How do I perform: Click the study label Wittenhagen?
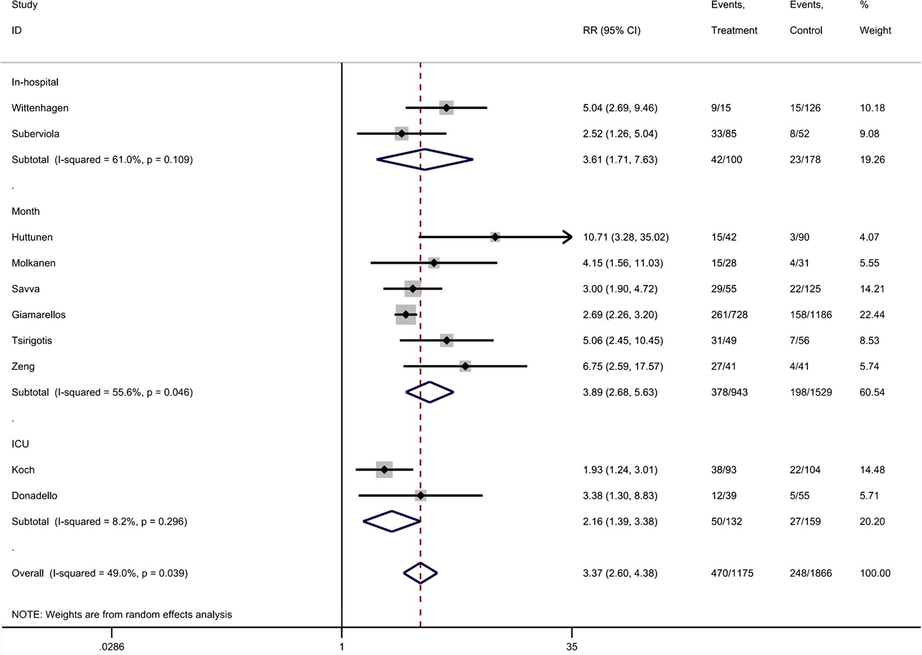point(40,108)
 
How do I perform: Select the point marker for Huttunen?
point(495,237)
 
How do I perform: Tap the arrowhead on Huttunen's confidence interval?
point(568,237)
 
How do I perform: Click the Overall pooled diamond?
point(420,573)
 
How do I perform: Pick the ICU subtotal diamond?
point(392,521)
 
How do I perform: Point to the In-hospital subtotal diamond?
point(424,159)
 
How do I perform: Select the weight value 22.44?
point(872,315)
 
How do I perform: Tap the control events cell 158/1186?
point(810,315)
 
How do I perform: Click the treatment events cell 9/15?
point(721,108)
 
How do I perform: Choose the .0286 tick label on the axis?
point(111,647)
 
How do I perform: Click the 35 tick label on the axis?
point(571,647)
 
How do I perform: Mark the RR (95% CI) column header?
point(611,30)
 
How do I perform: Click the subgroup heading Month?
point(26,211)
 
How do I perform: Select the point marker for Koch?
point(384,469)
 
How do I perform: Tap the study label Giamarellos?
point(39,315)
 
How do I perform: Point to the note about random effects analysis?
point(122,615)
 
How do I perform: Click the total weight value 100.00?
point(875,573)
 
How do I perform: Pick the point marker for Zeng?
point(465,366)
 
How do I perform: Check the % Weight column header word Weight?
point(875,30)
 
